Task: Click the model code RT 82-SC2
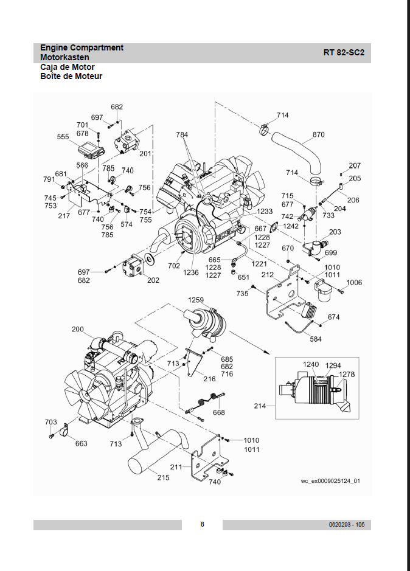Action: pos(344,52)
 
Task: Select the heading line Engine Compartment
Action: pos(82,47)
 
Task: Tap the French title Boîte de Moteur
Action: pos(71,77)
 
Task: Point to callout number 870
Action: pos(319,135)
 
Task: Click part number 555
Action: pos(63,137)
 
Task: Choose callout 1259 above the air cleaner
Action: pos(196,300)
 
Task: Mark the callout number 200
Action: pos(78,329)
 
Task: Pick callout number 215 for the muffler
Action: pos(163,477)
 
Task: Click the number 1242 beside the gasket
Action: pos(291,226)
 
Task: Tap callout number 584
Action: pos(316,339)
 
